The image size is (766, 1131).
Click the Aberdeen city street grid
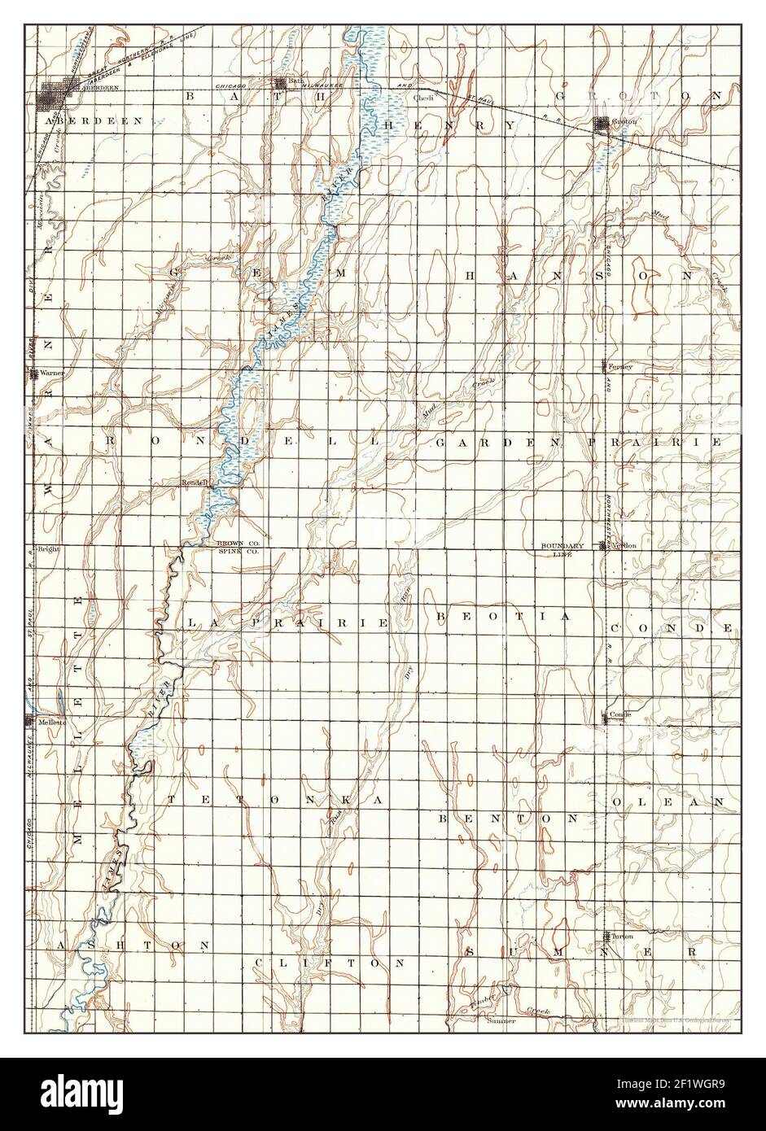click(55, 97)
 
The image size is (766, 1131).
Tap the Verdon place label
click(624, 545)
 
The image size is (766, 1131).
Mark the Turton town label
click(622, 937)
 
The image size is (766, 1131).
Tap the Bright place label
click(49, 549)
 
